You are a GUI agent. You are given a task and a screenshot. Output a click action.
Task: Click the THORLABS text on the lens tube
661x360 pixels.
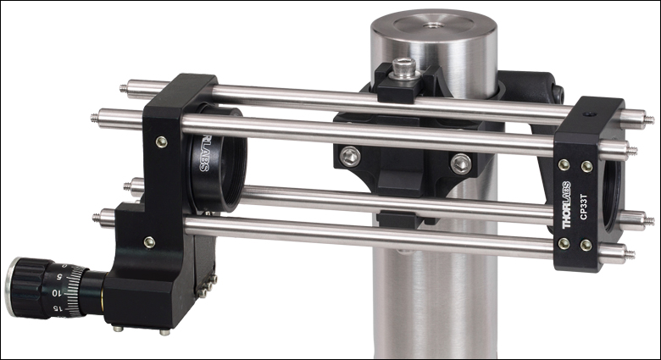tap(203, 152)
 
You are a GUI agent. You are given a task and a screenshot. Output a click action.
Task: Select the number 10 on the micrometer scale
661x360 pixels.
tap(55, 292)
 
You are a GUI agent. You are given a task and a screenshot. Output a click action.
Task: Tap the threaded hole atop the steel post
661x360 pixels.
tap(429, 25)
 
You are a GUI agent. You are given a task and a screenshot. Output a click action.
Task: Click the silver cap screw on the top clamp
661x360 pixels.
tap(404, 69)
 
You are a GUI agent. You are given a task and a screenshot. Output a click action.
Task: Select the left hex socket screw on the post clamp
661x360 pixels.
tap(351, 157)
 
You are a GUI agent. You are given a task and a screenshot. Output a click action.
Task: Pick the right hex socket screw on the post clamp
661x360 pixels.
tap(461, 163)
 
